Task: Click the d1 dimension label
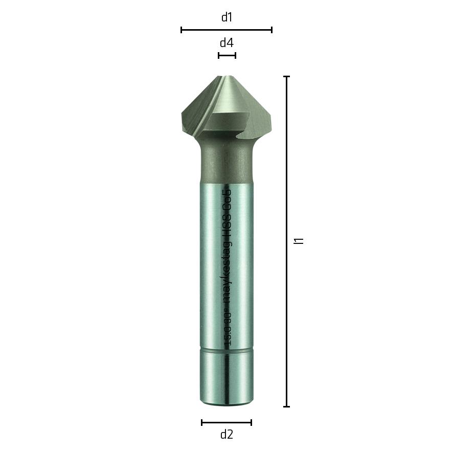[227, 17]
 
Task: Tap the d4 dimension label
[227, 43]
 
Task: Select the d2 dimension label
[227, 435]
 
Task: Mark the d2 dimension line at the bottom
[227, 422]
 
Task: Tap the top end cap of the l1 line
[287, 77]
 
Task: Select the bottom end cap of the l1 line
[287, 406]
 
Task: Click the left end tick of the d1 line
[182, 30]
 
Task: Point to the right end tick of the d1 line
[271, 30]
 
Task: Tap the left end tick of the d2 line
[202, 422]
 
